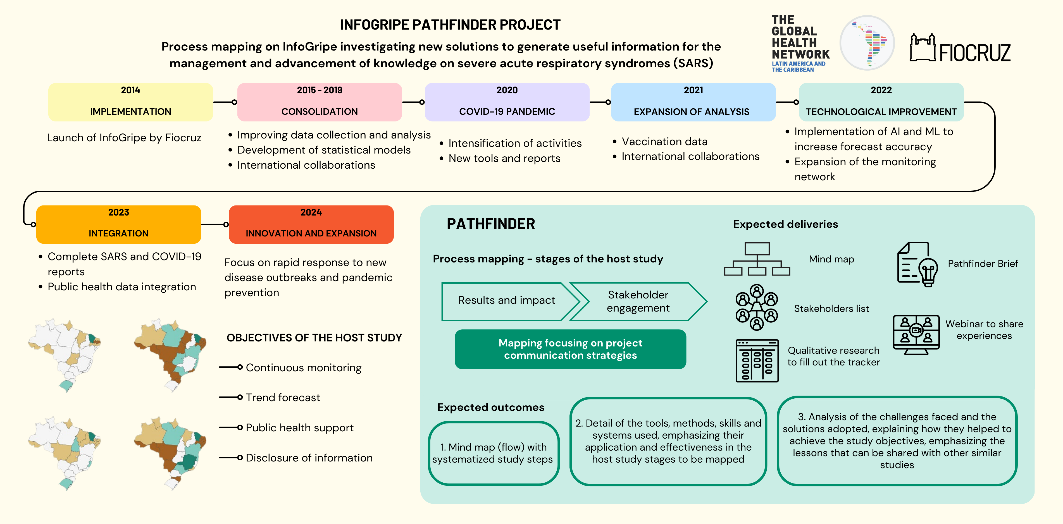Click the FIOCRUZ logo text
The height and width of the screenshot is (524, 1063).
[x=975, y=53]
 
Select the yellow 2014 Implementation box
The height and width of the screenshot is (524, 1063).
[x=130, y=102]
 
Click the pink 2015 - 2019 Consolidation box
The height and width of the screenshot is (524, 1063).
[x=320, y=102]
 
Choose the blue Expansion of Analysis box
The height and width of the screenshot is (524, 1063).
[x=693, y=102]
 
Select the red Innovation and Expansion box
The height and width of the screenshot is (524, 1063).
[x=311, y=224]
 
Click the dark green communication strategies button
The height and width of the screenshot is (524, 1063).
[x=570, y=349]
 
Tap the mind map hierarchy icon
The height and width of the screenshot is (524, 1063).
[x=757, y=259]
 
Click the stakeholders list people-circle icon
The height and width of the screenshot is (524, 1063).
[x=756, y=307]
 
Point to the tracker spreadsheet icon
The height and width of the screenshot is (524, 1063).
[x=757, y=361]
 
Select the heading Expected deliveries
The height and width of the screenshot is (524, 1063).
[x=785, y=224]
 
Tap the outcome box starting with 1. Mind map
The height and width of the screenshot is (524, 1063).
[x=494, y=453]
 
